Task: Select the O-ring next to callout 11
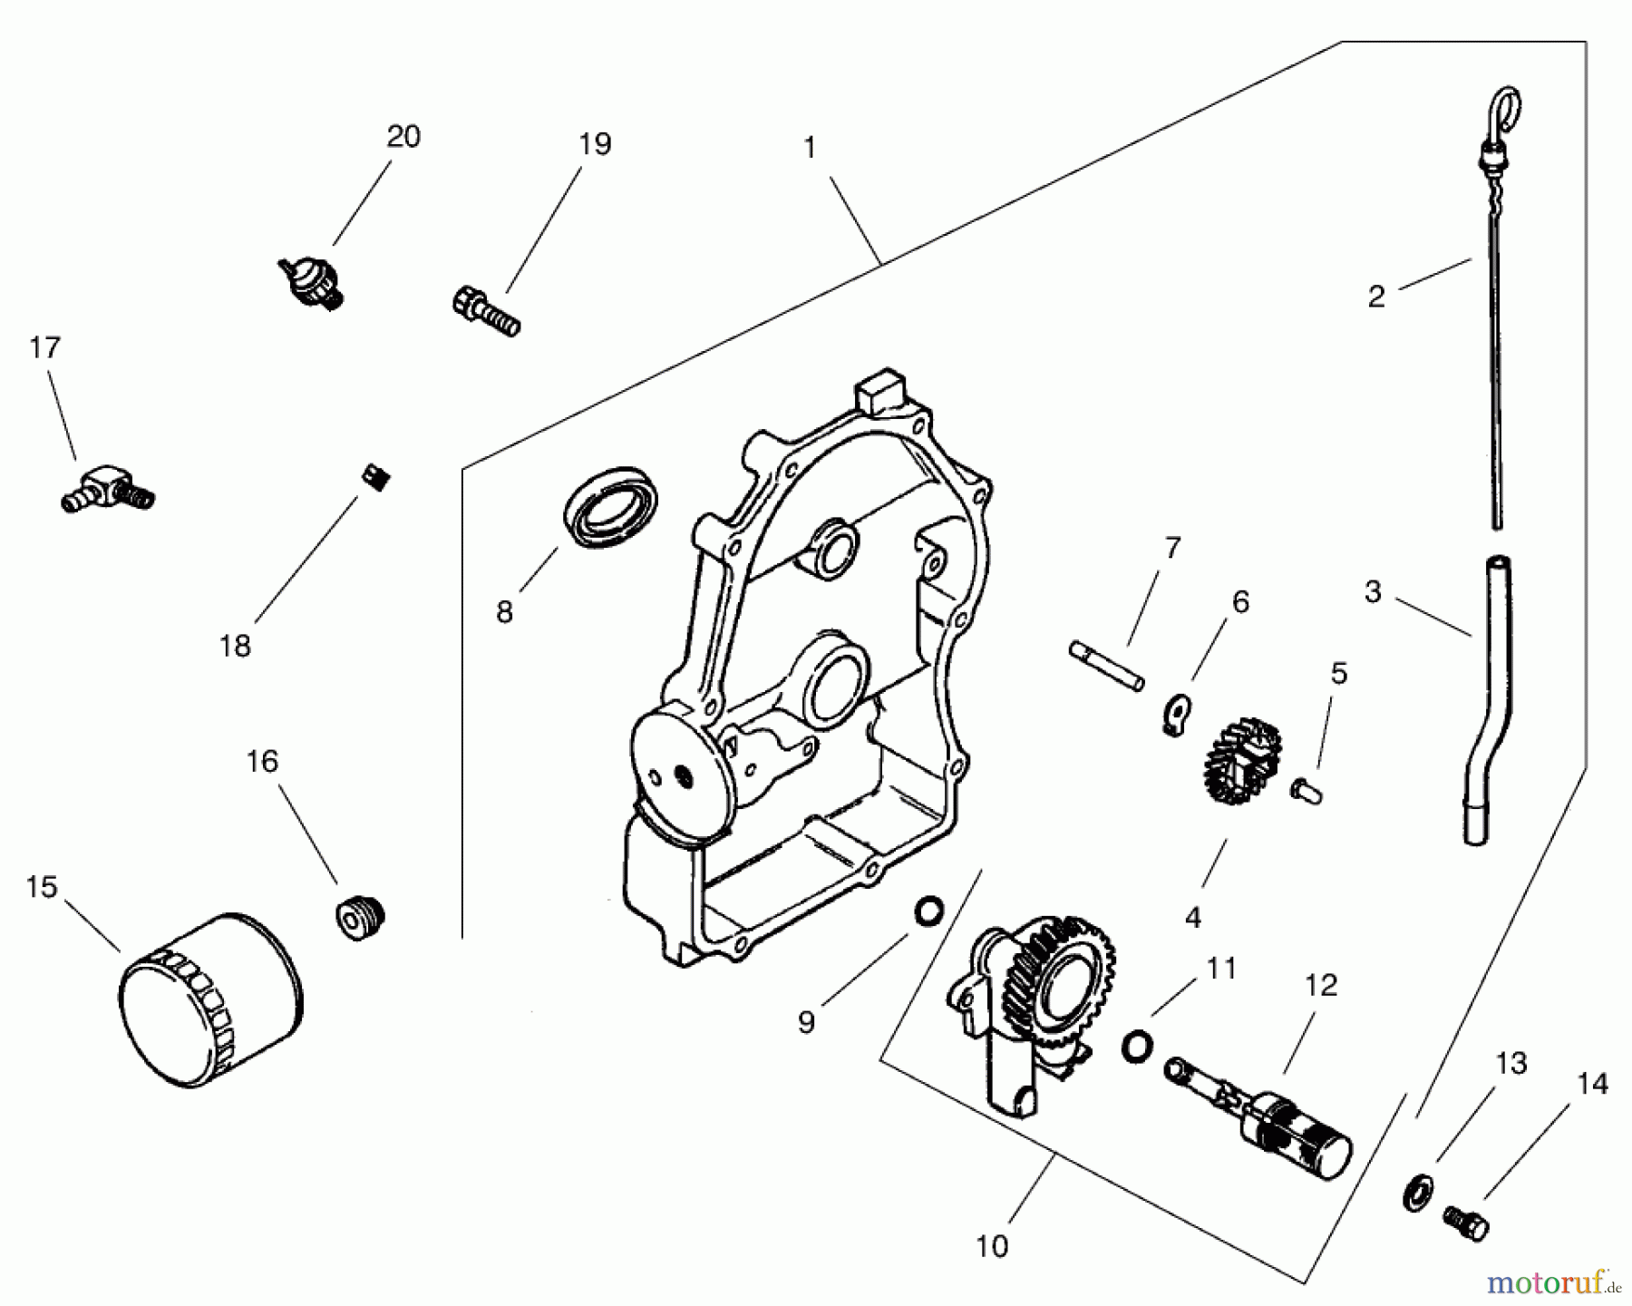click(x=1135, y=1047)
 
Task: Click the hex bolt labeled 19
click(x=485, y=310)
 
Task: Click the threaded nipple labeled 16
click(x=360, y=917)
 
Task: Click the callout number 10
click(x=992, y=1246)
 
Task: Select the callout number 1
click(x=810, y=148)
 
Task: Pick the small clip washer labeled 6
click(x=1177, y=714)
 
